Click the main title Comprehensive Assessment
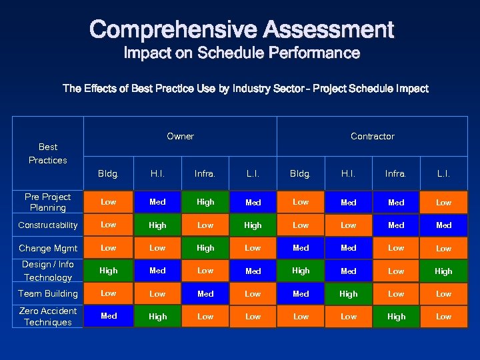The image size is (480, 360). click(241, 29)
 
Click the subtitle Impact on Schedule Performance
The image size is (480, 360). click(241, 53)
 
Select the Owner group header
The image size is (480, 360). click(180, 136)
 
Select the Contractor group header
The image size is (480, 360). click(372, 136)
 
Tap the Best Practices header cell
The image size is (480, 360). click(48, 153)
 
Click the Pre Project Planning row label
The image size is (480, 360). click(48, 202)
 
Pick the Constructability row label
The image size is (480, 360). click(48, 225)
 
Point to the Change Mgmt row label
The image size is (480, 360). click(48, 248)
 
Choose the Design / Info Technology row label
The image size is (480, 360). click(48, 271)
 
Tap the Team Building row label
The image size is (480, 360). click(48, 293)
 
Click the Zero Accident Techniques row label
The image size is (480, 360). click(48, 317)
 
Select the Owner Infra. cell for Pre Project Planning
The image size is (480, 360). click(205, 202)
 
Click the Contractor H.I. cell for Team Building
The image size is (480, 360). click(348, 293)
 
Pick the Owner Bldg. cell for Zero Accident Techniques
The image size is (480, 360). click(109, 317)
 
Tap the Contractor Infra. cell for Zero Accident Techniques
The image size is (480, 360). click(396, 317)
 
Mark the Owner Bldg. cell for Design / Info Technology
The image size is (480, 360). click(109, 271)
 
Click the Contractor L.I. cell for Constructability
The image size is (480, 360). click(443, 225)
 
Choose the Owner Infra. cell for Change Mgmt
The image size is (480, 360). click(205, 248)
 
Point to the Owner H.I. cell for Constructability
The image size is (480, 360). click(157, 225)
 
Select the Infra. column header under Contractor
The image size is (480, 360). click(396, 173)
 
